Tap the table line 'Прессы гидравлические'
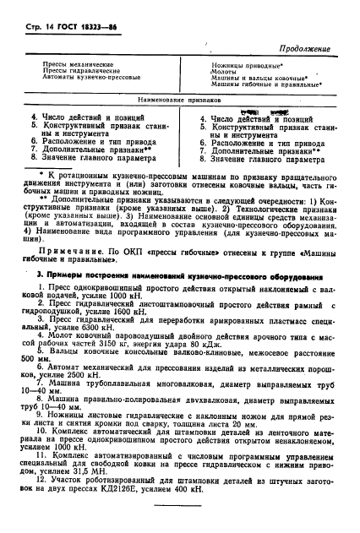80,72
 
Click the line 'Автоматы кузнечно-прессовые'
90,79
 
